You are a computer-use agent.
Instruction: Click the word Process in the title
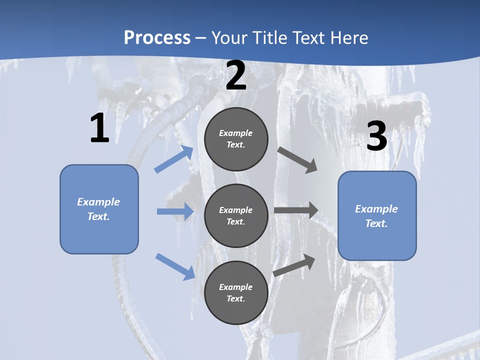(157, 37)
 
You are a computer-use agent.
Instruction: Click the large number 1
(99, 128)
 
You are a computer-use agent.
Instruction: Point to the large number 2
(236, 75)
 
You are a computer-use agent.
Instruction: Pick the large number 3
(376, 136)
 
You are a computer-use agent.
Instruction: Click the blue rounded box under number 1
(99, 209)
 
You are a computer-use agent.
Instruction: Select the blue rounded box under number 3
(377, 215)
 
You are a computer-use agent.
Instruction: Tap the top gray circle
(236, 139)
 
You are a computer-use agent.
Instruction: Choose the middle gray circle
(236, 215)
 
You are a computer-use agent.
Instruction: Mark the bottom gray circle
(236, 292)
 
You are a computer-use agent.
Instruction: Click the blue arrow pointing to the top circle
(174, 159)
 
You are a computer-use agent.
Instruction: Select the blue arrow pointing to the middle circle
(175, 211)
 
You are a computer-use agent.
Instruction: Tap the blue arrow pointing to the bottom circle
(175, 266)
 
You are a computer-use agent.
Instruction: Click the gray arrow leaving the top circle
(297, 159)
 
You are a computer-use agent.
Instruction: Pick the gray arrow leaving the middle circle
(296, 210)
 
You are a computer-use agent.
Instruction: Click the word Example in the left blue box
(98, 202)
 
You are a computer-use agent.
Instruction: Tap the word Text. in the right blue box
(376, 223)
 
